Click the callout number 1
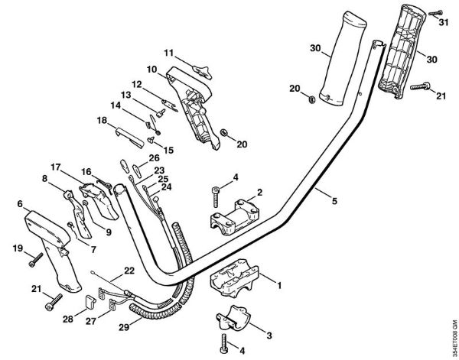coord(279,286)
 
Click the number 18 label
coord(102,120)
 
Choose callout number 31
coord(443,22)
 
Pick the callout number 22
coord(129,269)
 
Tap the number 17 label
coord(55,167)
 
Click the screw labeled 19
coord(34,261)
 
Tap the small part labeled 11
coord(201,70)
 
